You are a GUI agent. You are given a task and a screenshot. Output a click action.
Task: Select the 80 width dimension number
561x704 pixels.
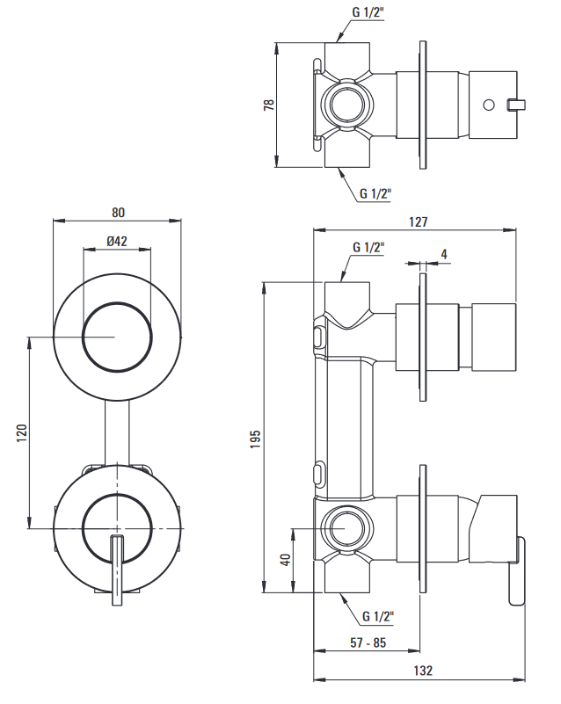(x=119, y=212)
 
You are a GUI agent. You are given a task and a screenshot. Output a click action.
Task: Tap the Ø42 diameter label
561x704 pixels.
(x=117, y=242)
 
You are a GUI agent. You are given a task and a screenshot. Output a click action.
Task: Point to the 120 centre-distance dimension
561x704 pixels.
(x=23, y=432)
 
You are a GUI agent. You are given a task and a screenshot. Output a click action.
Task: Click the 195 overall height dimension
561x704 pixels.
(x=256, y=437)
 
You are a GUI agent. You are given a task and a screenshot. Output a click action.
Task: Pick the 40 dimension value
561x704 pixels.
(x=286, y=560)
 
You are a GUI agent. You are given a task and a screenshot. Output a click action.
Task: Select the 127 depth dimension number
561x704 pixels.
(x=419, y=222)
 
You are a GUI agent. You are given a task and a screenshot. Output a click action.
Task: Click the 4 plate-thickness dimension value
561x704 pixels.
(x=444, y=255)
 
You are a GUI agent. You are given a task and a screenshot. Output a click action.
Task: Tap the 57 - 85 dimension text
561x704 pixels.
(x=368, y=642)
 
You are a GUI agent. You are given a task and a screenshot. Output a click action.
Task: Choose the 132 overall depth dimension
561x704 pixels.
(x=422, y=671)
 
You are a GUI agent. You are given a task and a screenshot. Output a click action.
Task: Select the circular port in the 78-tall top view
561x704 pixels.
(x=345, y=105)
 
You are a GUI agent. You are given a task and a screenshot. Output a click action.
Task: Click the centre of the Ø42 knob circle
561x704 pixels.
(x=117, y=337)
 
